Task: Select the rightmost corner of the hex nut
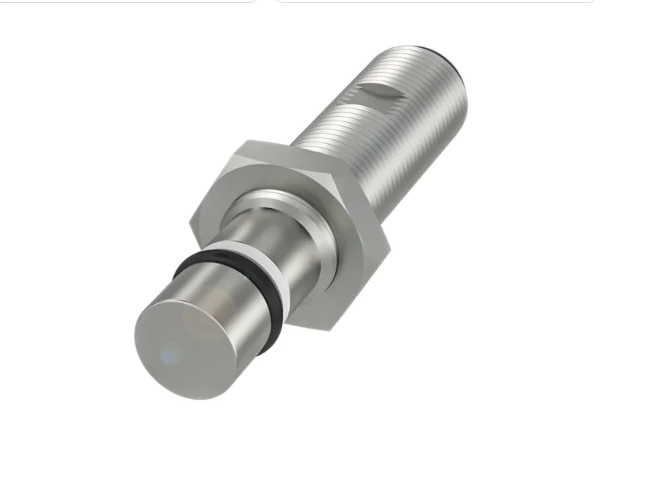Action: point(389,249)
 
